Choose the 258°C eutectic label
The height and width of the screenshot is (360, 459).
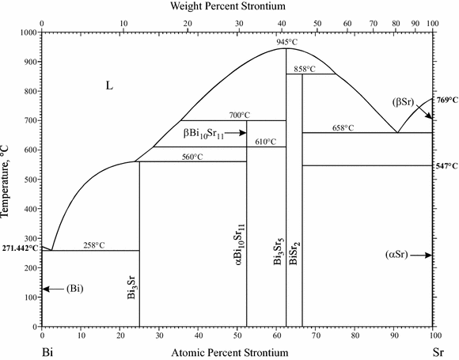(93, 245)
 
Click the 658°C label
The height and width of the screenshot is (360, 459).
(343, 127)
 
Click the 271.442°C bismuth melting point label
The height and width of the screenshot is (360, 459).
(19, 248)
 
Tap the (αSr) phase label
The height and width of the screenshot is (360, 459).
(398, 255)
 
